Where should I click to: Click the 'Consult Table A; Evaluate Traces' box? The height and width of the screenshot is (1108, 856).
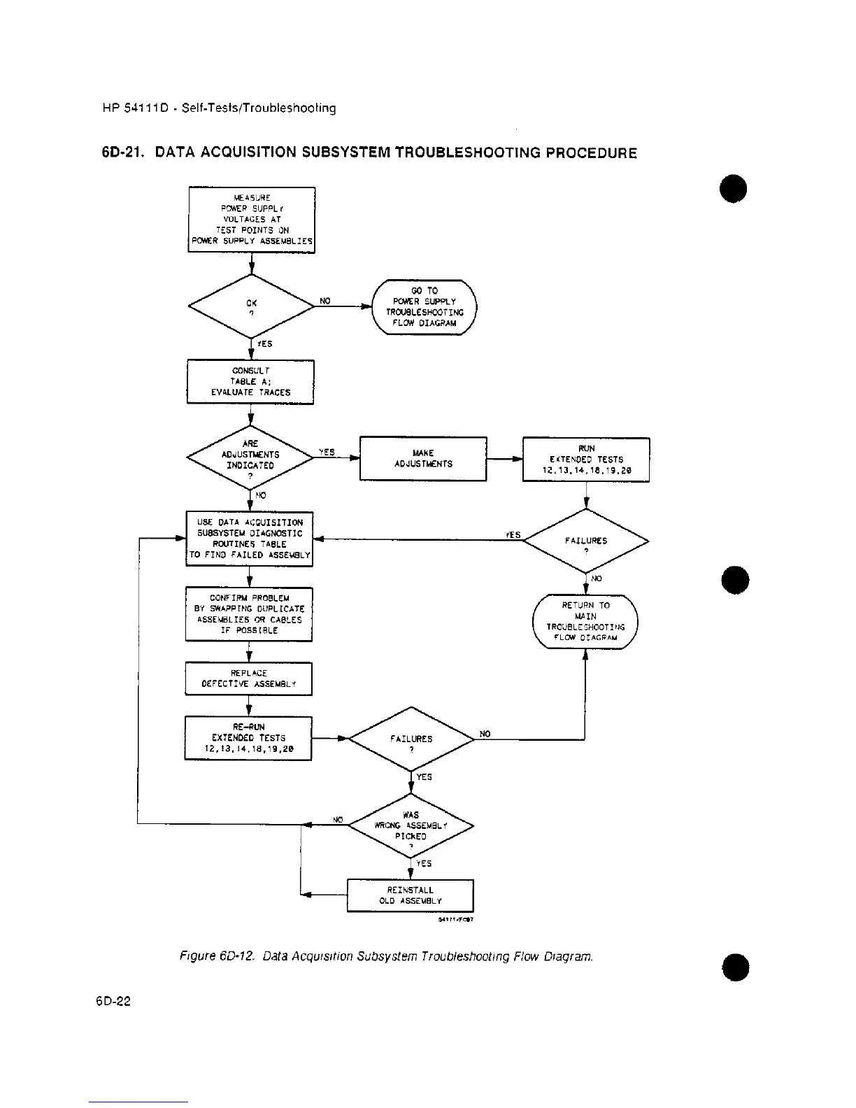pyautogui.click(x=250, y=382)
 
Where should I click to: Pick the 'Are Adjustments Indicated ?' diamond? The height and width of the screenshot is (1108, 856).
pyautogui.click(x=250, y=459)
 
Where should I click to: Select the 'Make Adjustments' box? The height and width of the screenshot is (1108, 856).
pyautogui.click(x=423, y=459)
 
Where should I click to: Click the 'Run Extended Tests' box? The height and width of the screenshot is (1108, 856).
pyautogui.click(x=586, y=460)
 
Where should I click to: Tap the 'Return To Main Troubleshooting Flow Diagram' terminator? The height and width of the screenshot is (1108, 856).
pyautogui.click(x=585, y=621)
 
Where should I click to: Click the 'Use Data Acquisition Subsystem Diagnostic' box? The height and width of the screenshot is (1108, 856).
pyautogui.click(x=249, y=539)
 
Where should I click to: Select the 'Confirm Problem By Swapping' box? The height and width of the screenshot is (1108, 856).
pyautogui.click(x=249, y=614)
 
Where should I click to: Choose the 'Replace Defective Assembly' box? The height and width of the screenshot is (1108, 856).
pyautogui.click(x=248, y=679)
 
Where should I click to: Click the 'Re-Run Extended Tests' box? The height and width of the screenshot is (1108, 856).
pyautogui.click(x=248, y=738)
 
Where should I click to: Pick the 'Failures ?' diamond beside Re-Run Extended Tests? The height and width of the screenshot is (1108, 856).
pyautogui.click(x=411, y=739)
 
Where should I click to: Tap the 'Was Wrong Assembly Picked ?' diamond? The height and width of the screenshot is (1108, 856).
pyautogui.click(x=411, y=825)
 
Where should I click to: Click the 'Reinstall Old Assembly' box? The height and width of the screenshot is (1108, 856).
pyautogui.click(x=411, y=895)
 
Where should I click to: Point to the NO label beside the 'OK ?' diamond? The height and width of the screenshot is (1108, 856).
pyautogui.click(x=325, y=301)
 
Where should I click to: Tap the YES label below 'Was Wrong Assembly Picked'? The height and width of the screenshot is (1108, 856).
pyautogui.click(x=424, y=863)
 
